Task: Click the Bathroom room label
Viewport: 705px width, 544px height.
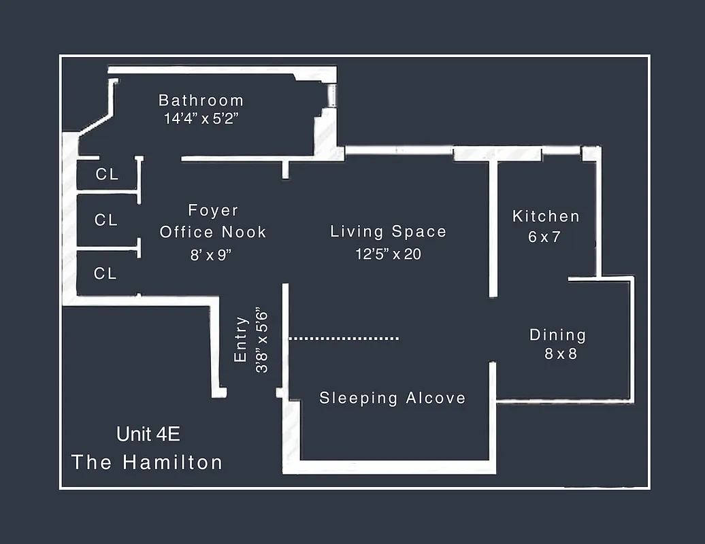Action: pyautogui.click(x=201, y=100)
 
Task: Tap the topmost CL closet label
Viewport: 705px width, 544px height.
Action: pyautogui.click(x=107, y=174)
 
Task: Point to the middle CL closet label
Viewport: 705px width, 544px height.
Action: pyautogui.click(x=106, y=220)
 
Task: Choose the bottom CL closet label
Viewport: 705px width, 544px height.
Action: pyautogui.click(x=105, y=273)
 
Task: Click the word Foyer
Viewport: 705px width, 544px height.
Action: pyautogui.click(x=213, y=211)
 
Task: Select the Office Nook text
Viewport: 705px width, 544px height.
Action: pyautogui.click(x=213, y=232)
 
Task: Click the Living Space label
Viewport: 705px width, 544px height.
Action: pyautogui.click(x=389, y=231)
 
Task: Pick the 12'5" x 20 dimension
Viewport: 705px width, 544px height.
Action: pyautogui.click(x=389, y=254)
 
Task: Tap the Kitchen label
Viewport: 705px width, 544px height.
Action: pyautogui.click(x=546, y=216)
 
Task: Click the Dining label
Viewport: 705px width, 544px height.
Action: pyautogui.click(x=557, y=335)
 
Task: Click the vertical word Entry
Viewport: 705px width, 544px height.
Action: pyautogui.click(x=240, y=339)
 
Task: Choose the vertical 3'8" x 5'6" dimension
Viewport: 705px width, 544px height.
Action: pyautogui.click(x=262, y=340)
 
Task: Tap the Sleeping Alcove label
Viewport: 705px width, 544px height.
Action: pyautogui.click(x=393, y=398)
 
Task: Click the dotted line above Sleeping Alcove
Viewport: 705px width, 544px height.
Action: pyautogui.click(x=344, y=337)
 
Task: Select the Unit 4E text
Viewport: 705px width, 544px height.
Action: pyautogui.click(x=148, y=434)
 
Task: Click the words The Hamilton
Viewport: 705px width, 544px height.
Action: pyautogui.click(x=147, y=462)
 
